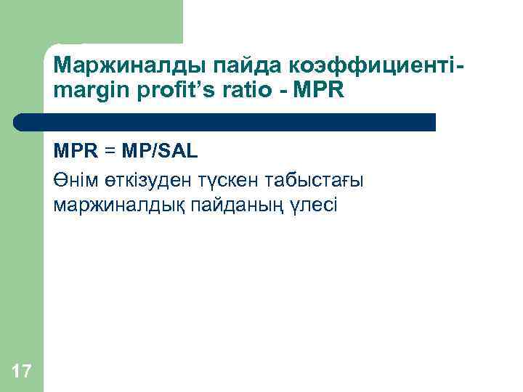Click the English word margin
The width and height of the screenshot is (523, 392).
tap(87, 92)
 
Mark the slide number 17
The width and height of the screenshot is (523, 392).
tap(22, 372)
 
